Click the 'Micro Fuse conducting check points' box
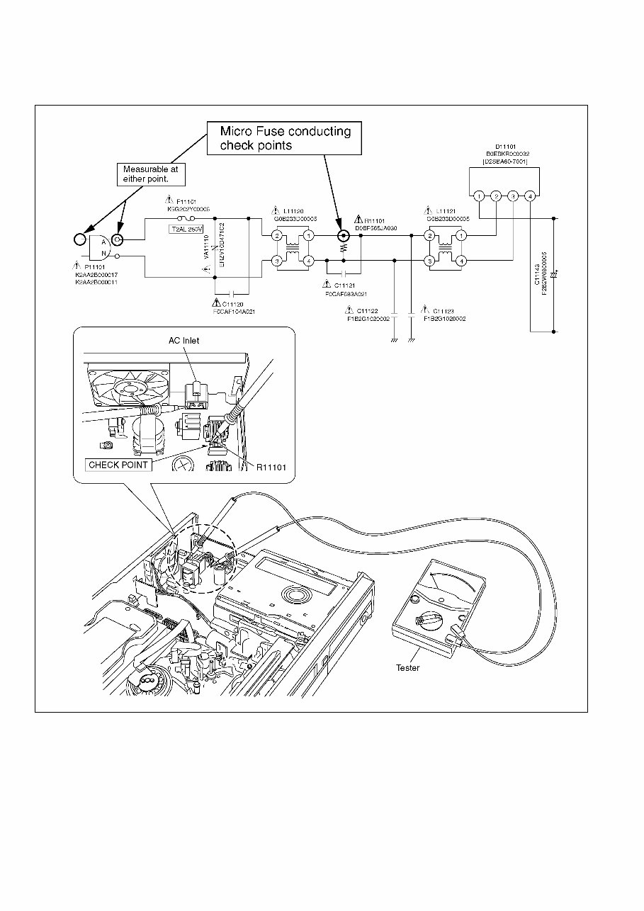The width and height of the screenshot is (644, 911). coord(285,138)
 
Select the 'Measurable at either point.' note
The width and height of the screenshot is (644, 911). coord(150,174)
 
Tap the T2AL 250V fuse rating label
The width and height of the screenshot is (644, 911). coord(186,230)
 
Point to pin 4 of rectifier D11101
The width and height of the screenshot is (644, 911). coord(529,196)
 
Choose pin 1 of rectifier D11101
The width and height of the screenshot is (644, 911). coord(480,196)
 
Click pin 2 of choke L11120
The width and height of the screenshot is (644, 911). coord(277,235)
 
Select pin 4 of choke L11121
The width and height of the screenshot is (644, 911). coord(461,261)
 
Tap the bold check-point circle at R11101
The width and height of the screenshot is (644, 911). coord(344,235)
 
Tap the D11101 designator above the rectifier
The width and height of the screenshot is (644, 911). coord(505,146)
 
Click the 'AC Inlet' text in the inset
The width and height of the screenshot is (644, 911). coord(184,340)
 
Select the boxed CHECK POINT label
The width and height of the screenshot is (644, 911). coord(118,465)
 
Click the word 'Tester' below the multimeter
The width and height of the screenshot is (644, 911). coord(407,667)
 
